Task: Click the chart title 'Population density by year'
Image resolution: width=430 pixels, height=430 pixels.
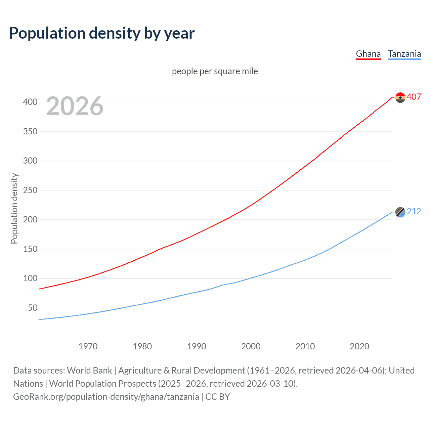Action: coord(102,33)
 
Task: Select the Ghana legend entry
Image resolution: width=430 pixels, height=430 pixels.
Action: coord(368,54)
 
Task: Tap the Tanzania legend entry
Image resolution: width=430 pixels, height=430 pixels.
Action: coord(404,54)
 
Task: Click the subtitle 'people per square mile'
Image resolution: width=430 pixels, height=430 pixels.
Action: coord(215,71)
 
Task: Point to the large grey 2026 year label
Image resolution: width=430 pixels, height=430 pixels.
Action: coord(75,106)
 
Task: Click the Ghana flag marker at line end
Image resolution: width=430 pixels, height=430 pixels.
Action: coord(400,97)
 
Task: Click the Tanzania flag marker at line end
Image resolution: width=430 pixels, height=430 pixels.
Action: coord(400,212)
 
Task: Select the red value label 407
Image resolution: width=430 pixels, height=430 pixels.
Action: coord(414,97)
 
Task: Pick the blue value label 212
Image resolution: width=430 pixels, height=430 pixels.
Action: coord(414,211)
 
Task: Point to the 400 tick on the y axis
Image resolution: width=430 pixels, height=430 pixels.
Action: coord(30,102)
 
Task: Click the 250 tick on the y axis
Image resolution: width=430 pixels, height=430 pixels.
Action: coord(30,190)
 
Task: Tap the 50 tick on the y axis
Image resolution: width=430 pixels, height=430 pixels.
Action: coord(33,308)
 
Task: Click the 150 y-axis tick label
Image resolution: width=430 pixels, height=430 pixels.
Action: coord(30,249)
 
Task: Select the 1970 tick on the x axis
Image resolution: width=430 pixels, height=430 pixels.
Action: coord(88,346)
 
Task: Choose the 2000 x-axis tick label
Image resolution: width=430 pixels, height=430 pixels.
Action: coord(251,346)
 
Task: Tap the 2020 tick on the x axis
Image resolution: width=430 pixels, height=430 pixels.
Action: coord(359,346)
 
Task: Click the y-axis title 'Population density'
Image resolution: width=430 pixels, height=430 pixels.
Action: coord(14,208)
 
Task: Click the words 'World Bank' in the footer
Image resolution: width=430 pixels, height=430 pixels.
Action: coord(89,371)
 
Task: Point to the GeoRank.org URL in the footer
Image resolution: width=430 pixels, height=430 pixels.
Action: coord(106,397)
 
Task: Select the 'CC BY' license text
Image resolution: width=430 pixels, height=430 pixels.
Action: coord(218,397)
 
